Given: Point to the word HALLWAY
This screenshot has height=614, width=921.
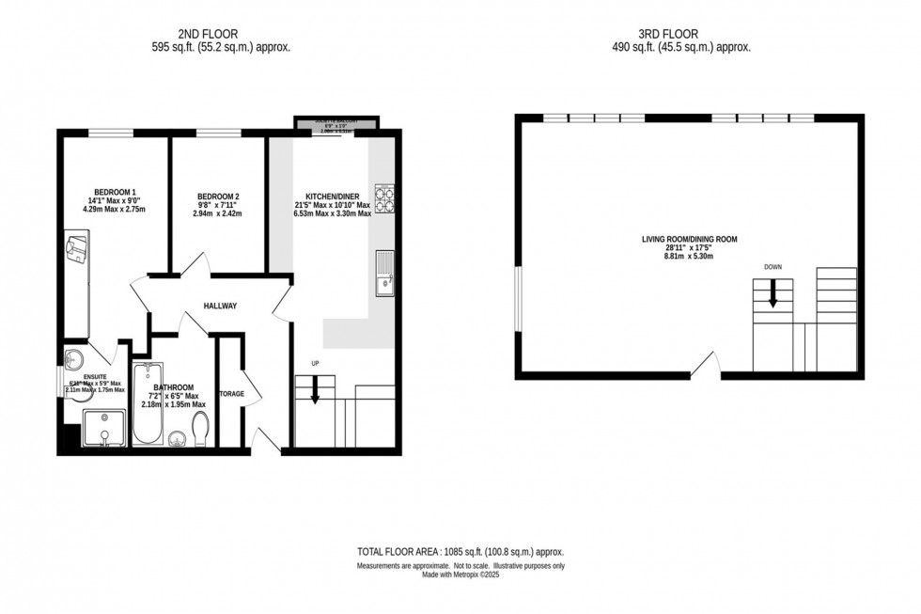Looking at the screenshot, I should pyautogui.click(x=221, y=306).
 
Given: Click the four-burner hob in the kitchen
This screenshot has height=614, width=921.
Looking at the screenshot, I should pyautogui.click(x=385, y=198).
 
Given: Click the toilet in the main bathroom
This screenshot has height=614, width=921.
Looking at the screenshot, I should pyautogui.click(x=201, y=430).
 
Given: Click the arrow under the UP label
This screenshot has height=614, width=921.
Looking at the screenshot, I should pyautogui.click(x=315, y=390).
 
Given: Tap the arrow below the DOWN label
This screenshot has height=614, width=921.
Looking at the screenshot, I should pyautogui.click(x=773, y=295).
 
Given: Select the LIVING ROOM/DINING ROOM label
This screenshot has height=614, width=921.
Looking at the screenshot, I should pyautogui.click(x=689, y=240).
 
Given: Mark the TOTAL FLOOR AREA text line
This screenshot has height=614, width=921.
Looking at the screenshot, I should pyautogui.click(x=460, y=552).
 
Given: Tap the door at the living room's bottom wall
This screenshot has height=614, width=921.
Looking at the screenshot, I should pyautogui.click(x=707, y=367).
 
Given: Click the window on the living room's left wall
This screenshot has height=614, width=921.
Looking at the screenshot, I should pyautogui.click(x=518, y=300).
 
